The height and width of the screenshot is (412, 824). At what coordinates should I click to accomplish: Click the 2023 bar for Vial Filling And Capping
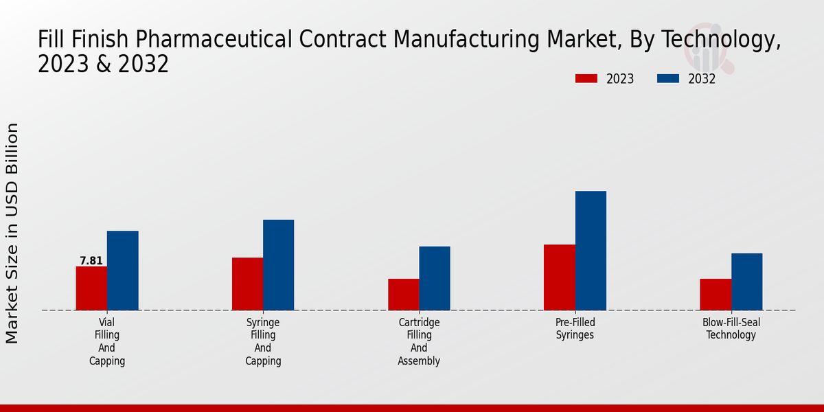(x=91, y=288)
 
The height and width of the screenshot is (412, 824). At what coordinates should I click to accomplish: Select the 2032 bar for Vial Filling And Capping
(x=122, y=271)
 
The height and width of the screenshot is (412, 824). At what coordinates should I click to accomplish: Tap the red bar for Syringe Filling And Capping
(x=247, y=284)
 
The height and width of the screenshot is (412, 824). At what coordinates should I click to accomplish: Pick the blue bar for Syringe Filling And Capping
(x=278, y=265)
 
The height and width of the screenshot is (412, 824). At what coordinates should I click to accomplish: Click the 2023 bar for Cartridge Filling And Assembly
(x=403, y=295)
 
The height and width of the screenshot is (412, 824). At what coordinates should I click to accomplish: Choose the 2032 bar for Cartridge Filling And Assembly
(x=435, y=278)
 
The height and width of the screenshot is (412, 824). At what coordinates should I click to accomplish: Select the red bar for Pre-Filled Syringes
(x=559, y=277)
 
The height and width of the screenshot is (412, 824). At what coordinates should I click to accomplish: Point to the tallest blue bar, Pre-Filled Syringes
(x=591, y=251)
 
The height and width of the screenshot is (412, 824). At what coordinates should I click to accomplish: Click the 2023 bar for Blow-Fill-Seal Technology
(x=716, y=295)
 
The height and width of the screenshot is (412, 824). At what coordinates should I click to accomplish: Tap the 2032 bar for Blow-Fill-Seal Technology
(x=746, y=282)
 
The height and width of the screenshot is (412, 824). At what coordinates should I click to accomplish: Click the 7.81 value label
(x=91, y=261)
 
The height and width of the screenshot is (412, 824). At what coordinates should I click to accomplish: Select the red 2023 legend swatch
(x=586, y=79)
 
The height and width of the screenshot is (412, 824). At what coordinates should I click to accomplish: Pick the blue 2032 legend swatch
(x=667, y=79)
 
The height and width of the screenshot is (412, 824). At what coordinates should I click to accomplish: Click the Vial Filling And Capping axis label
(x=107, y=341)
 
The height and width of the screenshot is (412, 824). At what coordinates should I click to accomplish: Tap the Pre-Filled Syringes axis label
(x=575, y=329)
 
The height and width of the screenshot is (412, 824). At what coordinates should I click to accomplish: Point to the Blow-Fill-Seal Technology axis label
(x=731, y=329)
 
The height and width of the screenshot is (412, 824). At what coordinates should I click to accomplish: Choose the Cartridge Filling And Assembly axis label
(x=419, y=341)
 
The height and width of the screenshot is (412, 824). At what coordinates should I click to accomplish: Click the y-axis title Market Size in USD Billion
(x=12, y=233)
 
